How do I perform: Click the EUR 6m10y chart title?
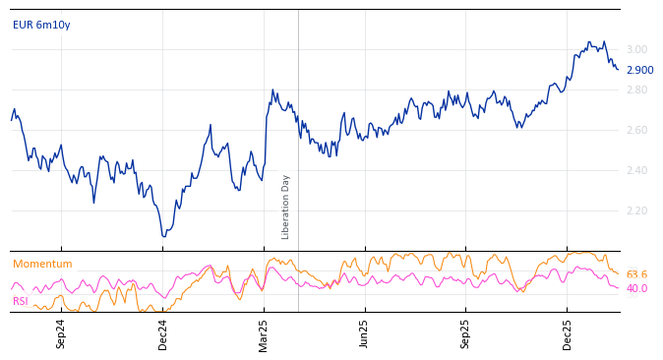[x=41, y=25]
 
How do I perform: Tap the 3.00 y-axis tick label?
[x=636, y=50]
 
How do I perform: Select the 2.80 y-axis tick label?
[x=636, y=90]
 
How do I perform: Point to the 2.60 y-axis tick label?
[x=636, y=131]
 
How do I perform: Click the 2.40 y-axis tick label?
[x=636, y=171]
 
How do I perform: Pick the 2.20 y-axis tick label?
[x=636, y=211]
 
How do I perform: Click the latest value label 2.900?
[x=639, y=71]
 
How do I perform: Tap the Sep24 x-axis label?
[x=61, y=333]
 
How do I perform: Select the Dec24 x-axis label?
[x=163, y=333]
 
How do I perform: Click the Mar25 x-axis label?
[x=264, y=333]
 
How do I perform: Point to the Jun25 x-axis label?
[x=365, y=333]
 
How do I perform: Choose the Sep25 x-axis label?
[x=466, y=333]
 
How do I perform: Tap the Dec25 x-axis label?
[x=568, y=333]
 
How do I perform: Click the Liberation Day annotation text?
[x=286, y=207]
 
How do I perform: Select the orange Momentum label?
[x=42, y=265]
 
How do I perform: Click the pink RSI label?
[x=20, y=302]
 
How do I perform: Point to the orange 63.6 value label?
[x=636, y=275]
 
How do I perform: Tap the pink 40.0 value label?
[x=636, y=289]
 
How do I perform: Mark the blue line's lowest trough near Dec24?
[x=164, y=236]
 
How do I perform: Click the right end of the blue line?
[x=618, y=69]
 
